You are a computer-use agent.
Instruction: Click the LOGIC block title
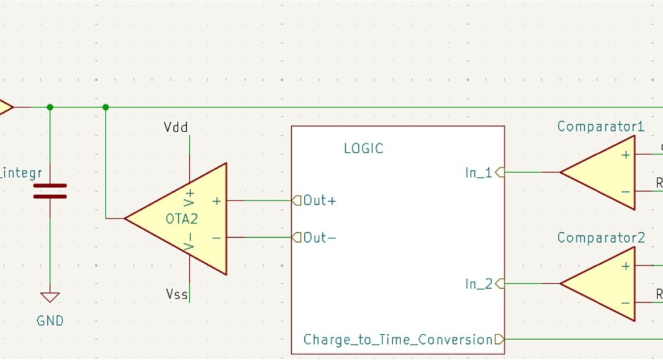[x=363, y=148]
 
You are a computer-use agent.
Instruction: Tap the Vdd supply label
[x=176, y=127]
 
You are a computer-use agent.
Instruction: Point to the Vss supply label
[x=176, y=293]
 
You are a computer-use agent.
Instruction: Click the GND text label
[x=50, y=321]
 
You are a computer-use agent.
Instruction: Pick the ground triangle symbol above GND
[x=50, y=297]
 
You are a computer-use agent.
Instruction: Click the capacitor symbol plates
[x=50, y=191]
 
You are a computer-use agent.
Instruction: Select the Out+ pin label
[x=320, y=200]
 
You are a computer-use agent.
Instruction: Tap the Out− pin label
[x=320, y=238]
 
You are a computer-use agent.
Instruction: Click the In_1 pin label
[x=478, y=173]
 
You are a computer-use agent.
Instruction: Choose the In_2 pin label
[x=478, y=284]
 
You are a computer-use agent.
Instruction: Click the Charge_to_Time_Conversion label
[x=397, y=340]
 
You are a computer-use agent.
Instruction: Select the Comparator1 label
[x=600, y=127]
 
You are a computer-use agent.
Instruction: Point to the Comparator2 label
[x=600, y=238]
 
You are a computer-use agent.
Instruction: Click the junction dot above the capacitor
[x=50, y=107]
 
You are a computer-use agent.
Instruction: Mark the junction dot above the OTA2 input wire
[x=106, y=107]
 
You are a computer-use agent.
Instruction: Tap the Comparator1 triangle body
[x=605, y=173]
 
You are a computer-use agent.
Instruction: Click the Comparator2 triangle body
[x=605, y=284]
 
